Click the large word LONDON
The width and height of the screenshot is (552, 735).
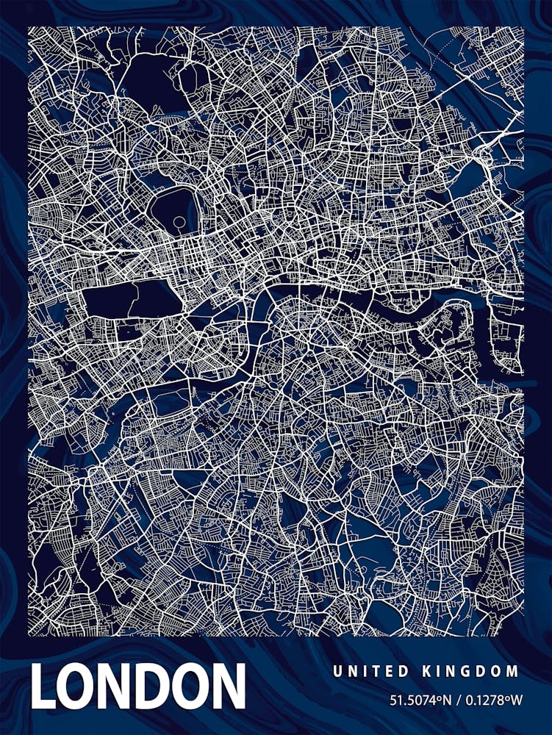point(138,686)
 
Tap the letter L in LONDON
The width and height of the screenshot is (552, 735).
point(44,686)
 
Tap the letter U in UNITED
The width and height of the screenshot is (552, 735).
point(337,671)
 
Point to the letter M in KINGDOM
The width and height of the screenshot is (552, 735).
point(513,671)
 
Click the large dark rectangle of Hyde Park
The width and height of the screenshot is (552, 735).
point(132,301)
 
